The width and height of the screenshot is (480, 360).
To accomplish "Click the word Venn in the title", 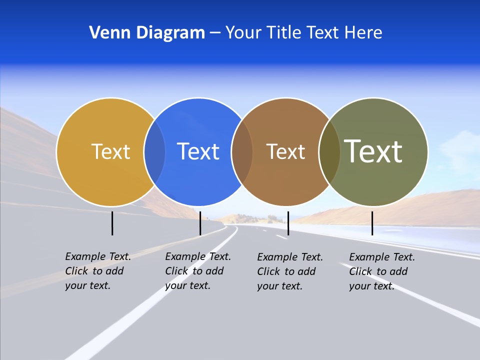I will [105, 33].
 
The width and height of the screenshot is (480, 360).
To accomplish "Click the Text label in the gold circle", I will [110, 151].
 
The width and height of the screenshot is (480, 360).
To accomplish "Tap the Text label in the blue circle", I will [198, 151].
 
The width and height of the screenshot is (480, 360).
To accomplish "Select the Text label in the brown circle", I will [285, 151].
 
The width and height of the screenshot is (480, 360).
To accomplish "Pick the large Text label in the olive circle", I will [373, 151].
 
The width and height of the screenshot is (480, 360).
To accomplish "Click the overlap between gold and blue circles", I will [154, 151].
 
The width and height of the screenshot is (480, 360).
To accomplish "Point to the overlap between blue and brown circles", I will [242, 151].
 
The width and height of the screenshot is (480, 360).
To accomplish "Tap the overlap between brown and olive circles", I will [329, 151].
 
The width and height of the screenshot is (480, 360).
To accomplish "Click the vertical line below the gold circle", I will [112, 223].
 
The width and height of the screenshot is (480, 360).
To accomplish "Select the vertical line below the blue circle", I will [200, 223].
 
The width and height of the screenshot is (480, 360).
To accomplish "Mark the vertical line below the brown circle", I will [288, 223].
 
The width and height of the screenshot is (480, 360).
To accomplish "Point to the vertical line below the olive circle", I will [372, 223].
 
